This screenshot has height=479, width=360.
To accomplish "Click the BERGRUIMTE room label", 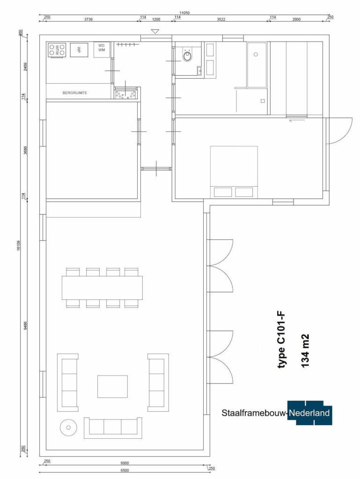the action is click(75, 93).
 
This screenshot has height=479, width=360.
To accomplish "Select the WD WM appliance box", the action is click(102, 50).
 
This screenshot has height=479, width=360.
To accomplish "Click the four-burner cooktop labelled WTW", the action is click(57, 50).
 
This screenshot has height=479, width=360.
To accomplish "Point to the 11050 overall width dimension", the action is click(184, 13).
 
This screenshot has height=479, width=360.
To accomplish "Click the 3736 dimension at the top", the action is click(88, 19).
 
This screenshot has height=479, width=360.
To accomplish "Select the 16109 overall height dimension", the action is click(19, 245).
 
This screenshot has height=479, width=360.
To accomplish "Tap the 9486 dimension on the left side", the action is click(25, 325).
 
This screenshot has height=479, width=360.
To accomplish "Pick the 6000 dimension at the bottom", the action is click(125, 463).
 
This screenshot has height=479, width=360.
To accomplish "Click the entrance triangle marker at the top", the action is click(155, 31).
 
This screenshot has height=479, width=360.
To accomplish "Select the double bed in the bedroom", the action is click(234, 172).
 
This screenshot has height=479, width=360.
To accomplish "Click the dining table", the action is click(102, 288).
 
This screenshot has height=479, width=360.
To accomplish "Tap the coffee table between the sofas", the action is click(112, 386).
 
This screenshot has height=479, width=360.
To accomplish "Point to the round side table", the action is click(68, 428).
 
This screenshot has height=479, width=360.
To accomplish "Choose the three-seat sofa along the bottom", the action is click(113, 428).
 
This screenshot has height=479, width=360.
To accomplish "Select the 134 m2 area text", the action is click(305, 351).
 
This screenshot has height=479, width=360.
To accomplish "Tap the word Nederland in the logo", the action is click(309, 413).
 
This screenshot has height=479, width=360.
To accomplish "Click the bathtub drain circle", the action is click(256, 54).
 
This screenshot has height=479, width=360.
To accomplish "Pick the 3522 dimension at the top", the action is click(221, 19).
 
